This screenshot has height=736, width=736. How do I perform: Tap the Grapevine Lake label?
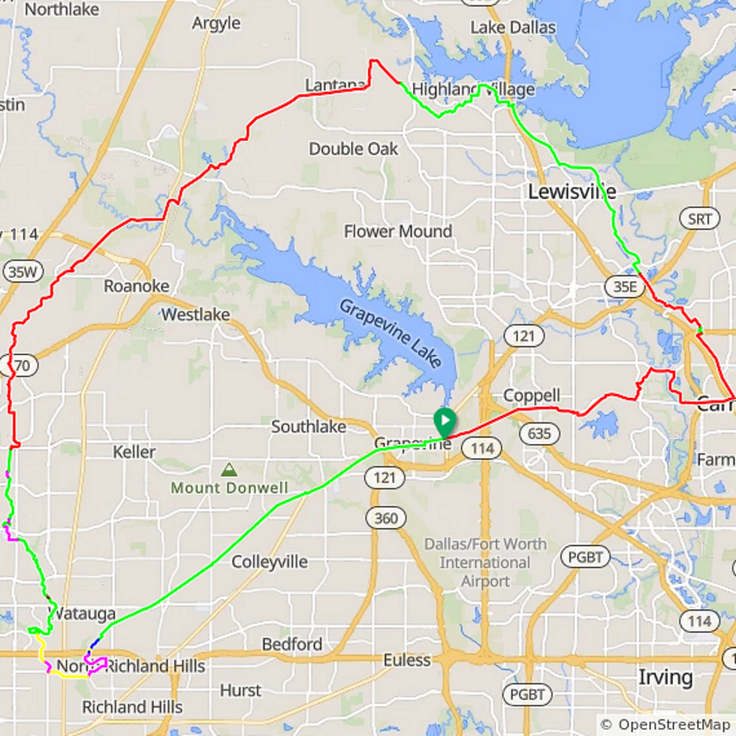coord(390,334)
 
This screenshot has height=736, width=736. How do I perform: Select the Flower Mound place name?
coord(398,231)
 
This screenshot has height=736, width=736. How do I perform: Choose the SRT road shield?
coord(698,219)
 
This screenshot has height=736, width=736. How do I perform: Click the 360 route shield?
coord(386,517)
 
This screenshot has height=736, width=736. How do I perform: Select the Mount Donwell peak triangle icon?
coord(229,470)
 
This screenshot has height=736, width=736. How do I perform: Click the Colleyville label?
coord(270,562)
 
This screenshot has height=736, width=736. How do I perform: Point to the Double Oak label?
coord(354,149)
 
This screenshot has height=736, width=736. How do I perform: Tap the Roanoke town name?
coord(137,286)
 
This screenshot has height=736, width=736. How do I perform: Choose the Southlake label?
coord(309,427)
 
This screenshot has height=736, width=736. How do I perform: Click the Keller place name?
coord(134,452)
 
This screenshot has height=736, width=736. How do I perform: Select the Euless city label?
coord(407,660)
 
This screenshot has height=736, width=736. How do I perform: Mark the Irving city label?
coord(665,677)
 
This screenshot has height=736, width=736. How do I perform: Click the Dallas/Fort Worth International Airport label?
coord(484,562)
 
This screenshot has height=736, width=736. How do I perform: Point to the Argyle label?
coord(216,23)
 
